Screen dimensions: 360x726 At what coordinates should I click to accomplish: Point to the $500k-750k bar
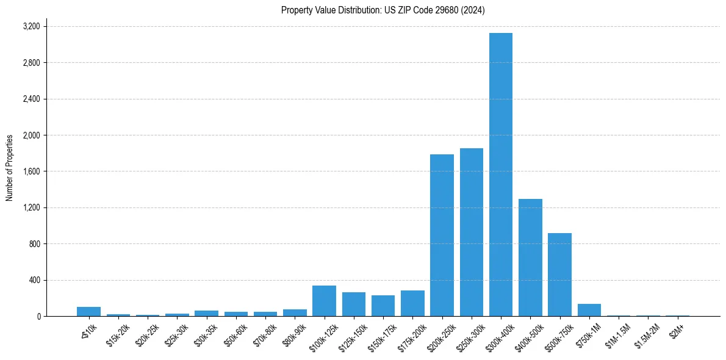[559, 275]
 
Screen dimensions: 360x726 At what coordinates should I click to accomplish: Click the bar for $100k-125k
[324, 301]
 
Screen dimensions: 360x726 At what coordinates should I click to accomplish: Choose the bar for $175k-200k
[412, 303]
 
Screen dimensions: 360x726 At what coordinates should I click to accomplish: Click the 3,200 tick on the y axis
[31, 27]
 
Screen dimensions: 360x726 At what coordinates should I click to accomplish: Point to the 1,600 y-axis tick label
[31, 171]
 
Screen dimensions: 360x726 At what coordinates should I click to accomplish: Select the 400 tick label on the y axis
[34, 280]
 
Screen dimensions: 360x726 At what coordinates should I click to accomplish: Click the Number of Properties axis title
[10, 167]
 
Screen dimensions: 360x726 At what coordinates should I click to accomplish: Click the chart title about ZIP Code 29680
[383, 10]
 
